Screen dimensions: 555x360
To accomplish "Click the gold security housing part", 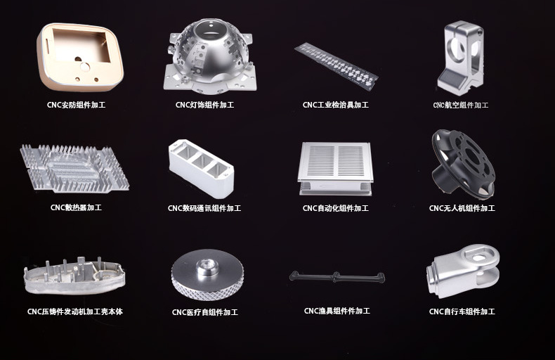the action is (80, 57).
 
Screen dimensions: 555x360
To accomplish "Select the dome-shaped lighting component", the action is (211, 57).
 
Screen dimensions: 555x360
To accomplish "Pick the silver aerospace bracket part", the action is (460, 58).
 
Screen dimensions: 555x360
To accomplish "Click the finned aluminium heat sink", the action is (74, 168).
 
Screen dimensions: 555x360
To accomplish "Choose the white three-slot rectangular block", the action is (201, 168).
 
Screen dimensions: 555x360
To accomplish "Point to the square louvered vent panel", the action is (335, 168).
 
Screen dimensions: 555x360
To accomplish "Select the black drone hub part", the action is (463, 163).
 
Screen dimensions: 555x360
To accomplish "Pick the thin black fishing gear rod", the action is (337, 277).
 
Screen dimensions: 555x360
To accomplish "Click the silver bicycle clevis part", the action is (463, 271).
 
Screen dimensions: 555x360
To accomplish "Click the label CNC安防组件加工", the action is (76, 105).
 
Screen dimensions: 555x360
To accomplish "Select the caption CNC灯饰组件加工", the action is (204, 105).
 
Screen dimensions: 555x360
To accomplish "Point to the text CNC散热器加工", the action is (76, 207).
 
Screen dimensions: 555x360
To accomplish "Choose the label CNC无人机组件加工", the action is (462, 208).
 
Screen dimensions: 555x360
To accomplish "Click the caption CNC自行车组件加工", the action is (462, 311).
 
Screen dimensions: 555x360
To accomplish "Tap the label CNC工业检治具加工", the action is (336, 105).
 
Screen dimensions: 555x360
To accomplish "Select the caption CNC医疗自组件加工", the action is (205, 312).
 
